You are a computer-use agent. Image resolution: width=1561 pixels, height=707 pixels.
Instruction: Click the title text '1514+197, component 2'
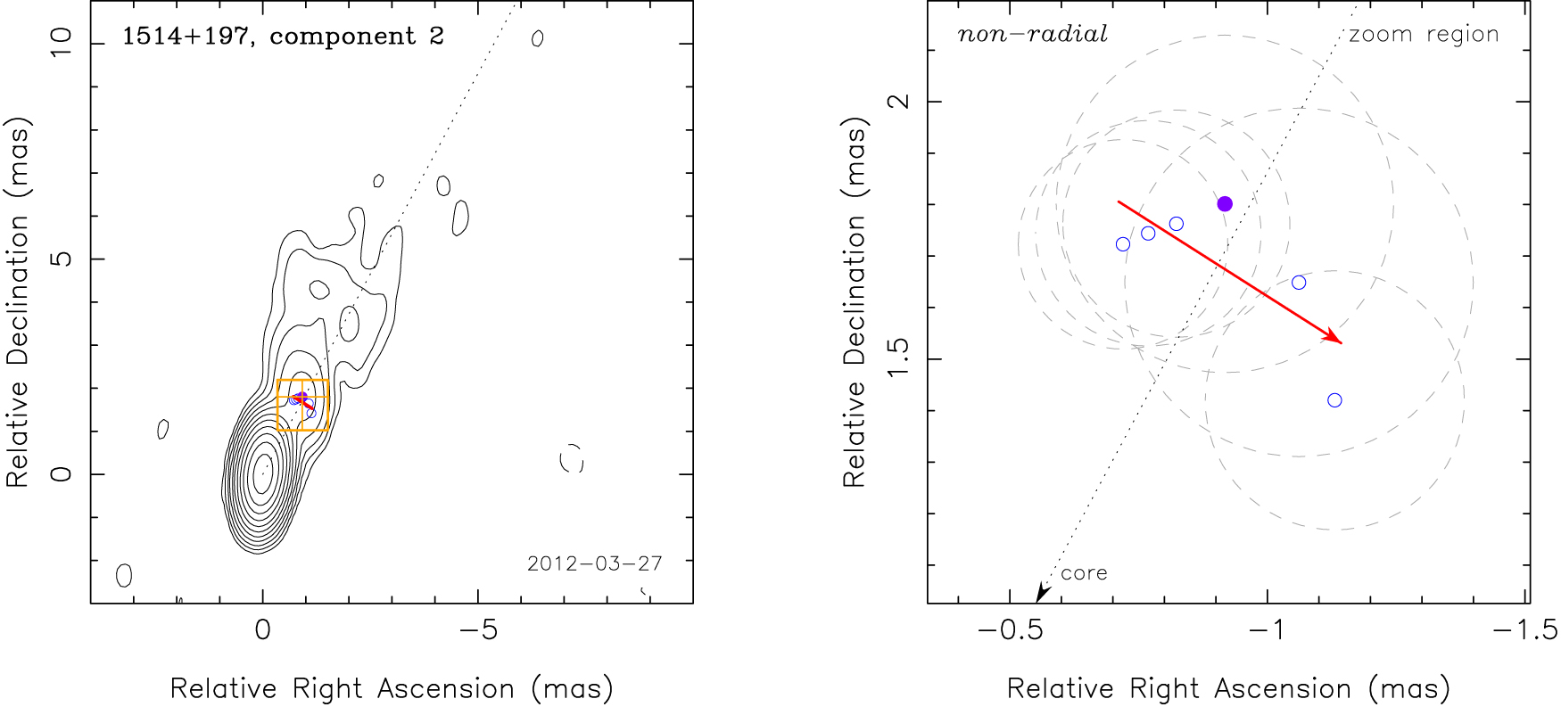[283, 37]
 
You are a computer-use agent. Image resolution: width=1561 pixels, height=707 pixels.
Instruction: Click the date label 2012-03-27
[594, 563]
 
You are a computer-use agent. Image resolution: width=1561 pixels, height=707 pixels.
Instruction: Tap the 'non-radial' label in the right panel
[1032, 35]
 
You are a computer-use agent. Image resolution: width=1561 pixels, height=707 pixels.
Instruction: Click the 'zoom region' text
[1424, 35]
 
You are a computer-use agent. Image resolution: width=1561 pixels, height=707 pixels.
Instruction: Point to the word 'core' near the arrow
[1084, 573]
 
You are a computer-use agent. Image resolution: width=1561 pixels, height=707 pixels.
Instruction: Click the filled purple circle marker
[1225, 204]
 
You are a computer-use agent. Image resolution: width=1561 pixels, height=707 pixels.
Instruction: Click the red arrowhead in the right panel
[1334, 337]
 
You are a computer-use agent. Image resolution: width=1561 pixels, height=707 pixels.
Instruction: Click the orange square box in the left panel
[303, 406]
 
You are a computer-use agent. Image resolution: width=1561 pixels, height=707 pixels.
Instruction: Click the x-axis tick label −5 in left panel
[477, 631]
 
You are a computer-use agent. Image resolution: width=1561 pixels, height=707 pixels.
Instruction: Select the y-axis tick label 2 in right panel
[898, 101]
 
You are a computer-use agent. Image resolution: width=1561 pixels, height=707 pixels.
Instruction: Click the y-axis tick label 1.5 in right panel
[898, 358]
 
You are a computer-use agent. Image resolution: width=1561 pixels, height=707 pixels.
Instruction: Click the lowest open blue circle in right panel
[1334, 400]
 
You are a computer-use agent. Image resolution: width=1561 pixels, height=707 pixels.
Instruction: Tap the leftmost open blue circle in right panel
[1123, 244]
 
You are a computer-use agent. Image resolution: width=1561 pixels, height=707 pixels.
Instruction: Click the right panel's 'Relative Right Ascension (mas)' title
[1228, 689]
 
